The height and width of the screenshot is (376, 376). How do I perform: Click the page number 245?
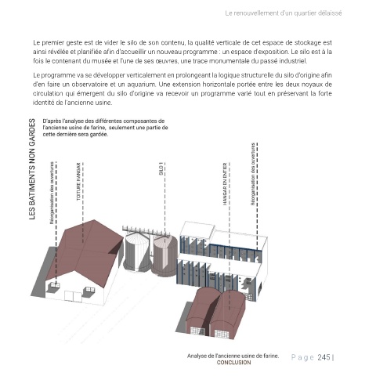pyautogui.click(x=324, y=357)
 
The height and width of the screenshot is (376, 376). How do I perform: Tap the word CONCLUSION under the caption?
pyautogui.click(x=233, y=363)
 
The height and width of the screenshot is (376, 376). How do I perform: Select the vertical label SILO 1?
pyautogui.click(x=161, y=168)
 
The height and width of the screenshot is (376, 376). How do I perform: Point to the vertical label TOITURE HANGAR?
pyautogui.click(x=78, y=182)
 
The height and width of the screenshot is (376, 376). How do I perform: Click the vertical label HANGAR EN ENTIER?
pyautogui.click(x=225, y=184)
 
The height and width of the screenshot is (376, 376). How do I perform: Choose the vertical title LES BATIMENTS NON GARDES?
pyautogui.click(x=32, y=169)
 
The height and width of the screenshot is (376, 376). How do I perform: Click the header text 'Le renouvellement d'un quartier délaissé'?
pyautogui.click(x=284, y=13)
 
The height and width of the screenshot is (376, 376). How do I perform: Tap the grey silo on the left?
pyautogui.click(x=137, y=251)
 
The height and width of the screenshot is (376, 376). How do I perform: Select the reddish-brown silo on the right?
pyautogui.click(x=164, y=255)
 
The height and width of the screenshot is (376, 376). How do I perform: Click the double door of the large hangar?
pyautogui.click(x=73, y=297)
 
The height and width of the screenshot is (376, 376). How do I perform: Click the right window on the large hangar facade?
pyautogui.click(x=89, y=291)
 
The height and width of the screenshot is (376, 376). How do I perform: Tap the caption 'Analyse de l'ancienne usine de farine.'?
pyautogui.click(x=233, y=356)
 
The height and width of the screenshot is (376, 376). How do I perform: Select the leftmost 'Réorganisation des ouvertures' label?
pyautogui.click(x=52, y=193)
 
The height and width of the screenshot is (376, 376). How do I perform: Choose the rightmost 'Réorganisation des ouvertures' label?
pyautogui.click(x=253, y=174)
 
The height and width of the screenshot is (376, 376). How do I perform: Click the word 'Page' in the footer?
pyautogui.click(x=302, y=357)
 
